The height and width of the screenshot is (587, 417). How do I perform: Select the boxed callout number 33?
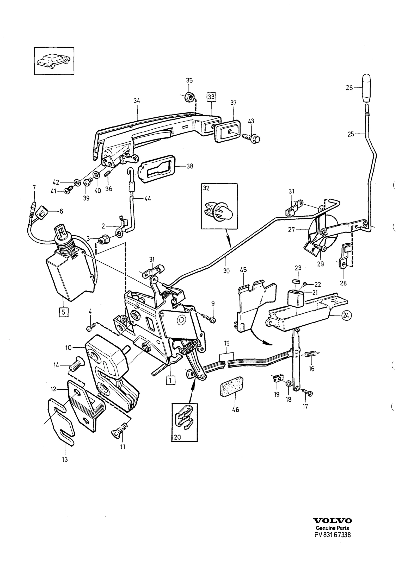pos(211,97)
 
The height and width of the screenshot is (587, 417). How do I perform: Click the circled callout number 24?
pos(347,315)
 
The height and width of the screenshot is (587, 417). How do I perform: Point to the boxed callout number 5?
pos(64,312)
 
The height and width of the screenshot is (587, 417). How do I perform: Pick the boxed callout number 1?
pos(170,380)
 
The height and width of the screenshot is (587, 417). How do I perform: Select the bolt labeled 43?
pos(251,138)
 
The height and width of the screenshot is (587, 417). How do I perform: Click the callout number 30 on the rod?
pos(226,271)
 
